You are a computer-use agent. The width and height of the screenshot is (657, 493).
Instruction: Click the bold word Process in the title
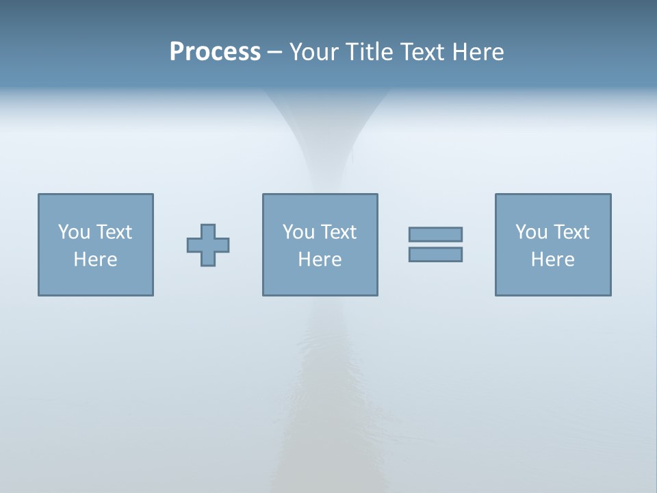point(215,52)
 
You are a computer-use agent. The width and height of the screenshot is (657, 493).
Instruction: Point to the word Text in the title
point(424,52)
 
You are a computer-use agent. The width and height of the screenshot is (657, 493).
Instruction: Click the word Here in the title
point(478,52)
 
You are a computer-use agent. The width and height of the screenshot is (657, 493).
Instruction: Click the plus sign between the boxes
point(208,245)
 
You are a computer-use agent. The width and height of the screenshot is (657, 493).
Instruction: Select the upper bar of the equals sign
point(435,234)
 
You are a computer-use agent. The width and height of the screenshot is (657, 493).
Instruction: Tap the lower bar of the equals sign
point(435,254)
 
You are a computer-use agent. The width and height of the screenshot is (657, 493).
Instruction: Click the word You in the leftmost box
point(73,232)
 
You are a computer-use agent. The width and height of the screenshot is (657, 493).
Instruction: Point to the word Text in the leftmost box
point(114,232)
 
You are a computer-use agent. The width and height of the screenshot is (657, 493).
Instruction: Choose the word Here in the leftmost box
point(95,260)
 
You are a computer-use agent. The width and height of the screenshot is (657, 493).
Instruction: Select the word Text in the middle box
point(338,232)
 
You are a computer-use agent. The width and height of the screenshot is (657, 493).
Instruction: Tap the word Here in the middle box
point(320,260)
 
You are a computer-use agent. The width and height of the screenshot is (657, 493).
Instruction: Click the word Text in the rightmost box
point(571,232)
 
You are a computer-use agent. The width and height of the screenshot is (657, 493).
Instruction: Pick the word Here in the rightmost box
point(552,260)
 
